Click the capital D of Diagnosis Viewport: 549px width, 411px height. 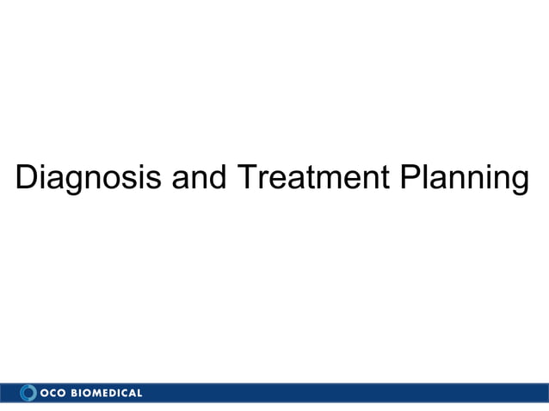pos(28,177)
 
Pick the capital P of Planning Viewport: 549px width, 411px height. pos(409,177)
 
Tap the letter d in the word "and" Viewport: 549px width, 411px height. pos(216,177)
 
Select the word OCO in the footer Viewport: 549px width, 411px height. pos(53,393)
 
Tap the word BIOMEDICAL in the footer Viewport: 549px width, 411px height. pos(107,393)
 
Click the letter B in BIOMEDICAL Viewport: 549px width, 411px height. pos(75,393)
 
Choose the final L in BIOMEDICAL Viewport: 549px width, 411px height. pos(139,393)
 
